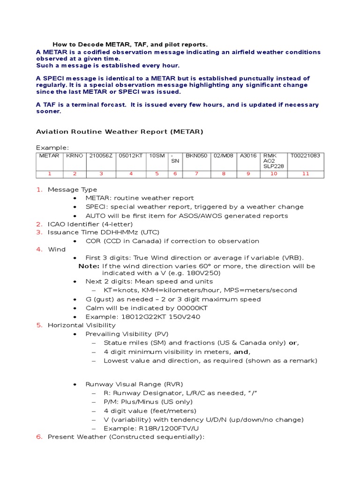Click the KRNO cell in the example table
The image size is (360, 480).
[73, 156]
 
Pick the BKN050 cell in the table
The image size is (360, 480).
[196, 156]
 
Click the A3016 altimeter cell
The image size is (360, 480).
[248, 156]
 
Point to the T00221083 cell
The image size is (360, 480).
[305, 156]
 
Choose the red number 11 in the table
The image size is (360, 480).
[306, 174]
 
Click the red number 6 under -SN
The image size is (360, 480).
[175, 174]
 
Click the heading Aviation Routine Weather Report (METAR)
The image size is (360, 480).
[120, 132]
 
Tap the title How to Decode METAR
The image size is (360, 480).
[130, 45]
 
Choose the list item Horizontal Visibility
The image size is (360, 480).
[82, 325]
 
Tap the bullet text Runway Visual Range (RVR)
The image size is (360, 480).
[134, 384]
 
